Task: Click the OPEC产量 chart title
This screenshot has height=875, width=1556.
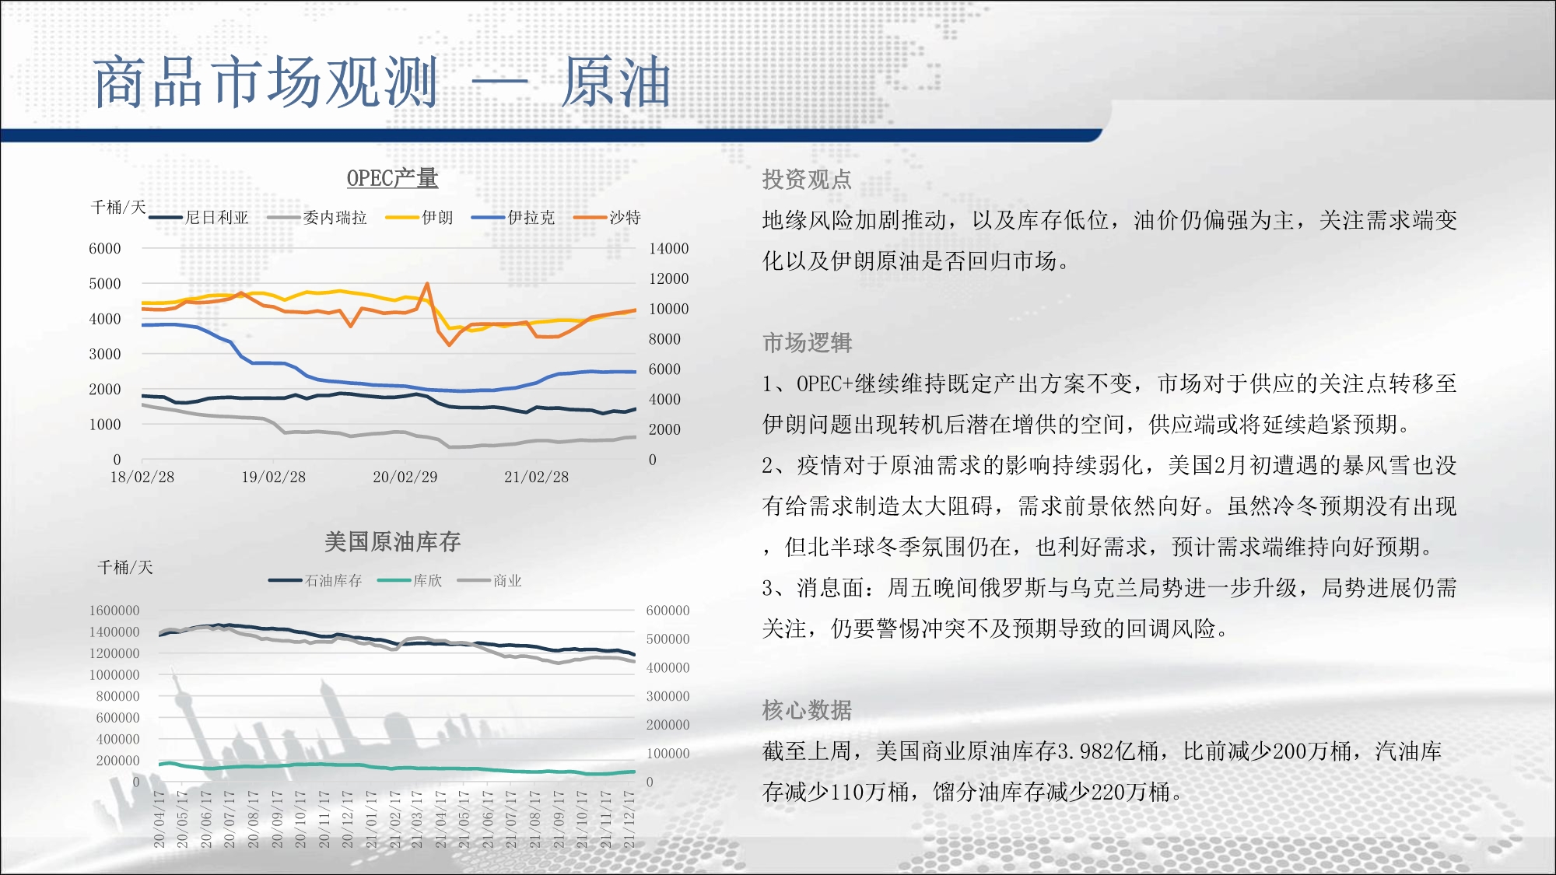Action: click(x=392, y=178)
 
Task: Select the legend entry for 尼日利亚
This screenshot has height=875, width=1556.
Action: click(x=199, y=218)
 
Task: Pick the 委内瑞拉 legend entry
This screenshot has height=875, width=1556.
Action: click(x=317, y=218)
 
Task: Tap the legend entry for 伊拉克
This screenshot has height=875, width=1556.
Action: click(x=513, y=218)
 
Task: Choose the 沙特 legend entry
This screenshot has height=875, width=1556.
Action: click(x=608, y=218)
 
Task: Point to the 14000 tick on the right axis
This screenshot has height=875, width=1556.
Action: click(x=669, y=249)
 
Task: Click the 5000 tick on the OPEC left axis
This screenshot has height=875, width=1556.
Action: click(x=105, y=284)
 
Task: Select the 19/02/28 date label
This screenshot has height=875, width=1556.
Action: click(x=274, y=477)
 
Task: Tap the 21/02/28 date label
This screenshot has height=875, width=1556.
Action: click(x=537, y=477)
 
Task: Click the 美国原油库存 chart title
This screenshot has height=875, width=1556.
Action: click(x=392, y=542)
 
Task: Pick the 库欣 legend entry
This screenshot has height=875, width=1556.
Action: click(x=410, y=580)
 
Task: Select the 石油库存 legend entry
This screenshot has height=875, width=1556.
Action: click(x=316, y=580)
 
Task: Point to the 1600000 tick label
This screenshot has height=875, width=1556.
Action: click(x=114, y=611)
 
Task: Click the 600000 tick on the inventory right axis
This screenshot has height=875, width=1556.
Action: click(x=668, y=611)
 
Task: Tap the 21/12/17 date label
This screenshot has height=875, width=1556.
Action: click(x=629, y=819)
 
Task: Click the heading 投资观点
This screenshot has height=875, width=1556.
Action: click(x=807, y=180)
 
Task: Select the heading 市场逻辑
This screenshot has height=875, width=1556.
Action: click(x=807, y=343)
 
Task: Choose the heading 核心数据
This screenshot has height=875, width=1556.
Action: click(x=807, y=710)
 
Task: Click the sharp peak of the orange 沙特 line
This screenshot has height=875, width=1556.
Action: click(x=427, y=284)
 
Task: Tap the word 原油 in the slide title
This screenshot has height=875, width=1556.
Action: click(x=616, y=82)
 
